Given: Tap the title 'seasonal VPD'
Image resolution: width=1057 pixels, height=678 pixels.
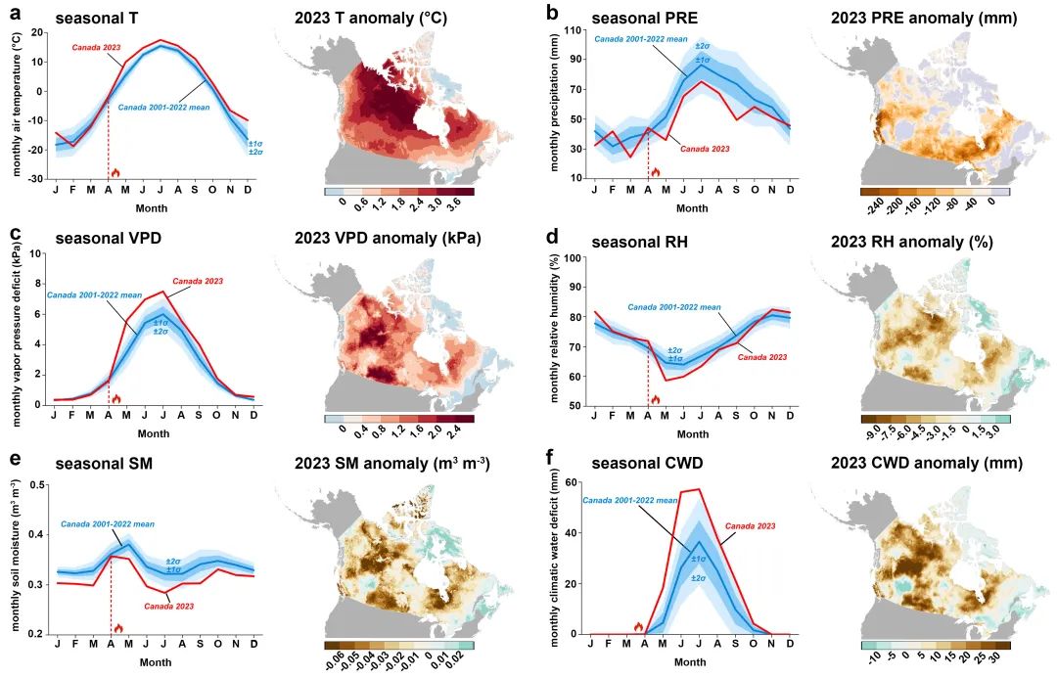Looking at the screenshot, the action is [x=108, y=239].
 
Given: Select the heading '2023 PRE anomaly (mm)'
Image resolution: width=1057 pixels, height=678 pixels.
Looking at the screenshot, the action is [x=924, y=19].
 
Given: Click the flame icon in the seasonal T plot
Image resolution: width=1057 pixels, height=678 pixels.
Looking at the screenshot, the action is [x=115, y=173].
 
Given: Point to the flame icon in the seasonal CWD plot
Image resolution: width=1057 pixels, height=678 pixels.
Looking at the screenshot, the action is [x=638, y=626].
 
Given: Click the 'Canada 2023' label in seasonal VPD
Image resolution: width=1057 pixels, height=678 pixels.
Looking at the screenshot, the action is [x=198, y=281].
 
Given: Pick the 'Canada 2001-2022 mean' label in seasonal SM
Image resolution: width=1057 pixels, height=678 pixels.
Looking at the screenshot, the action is [x=108, y=523].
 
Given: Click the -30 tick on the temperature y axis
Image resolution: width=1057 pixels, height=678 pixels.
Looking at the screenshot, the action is [x=36, y=179].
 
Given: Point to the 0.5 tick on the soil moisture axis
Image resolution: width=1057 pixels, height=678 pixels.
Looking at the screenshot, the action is [x=38, y=484].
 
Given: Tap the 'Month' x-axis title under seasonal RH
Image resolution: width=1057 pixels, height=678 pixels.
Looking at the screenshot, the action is [x=692, y=434].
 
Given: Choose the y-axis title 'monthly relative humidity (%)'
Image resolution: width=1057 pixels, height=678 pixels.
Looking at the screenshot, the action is [x=554, y=328].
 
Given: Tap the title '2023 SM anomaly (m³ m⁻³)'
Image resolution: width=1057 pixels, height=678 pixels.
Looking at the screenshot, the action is [x=392, y=464].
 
